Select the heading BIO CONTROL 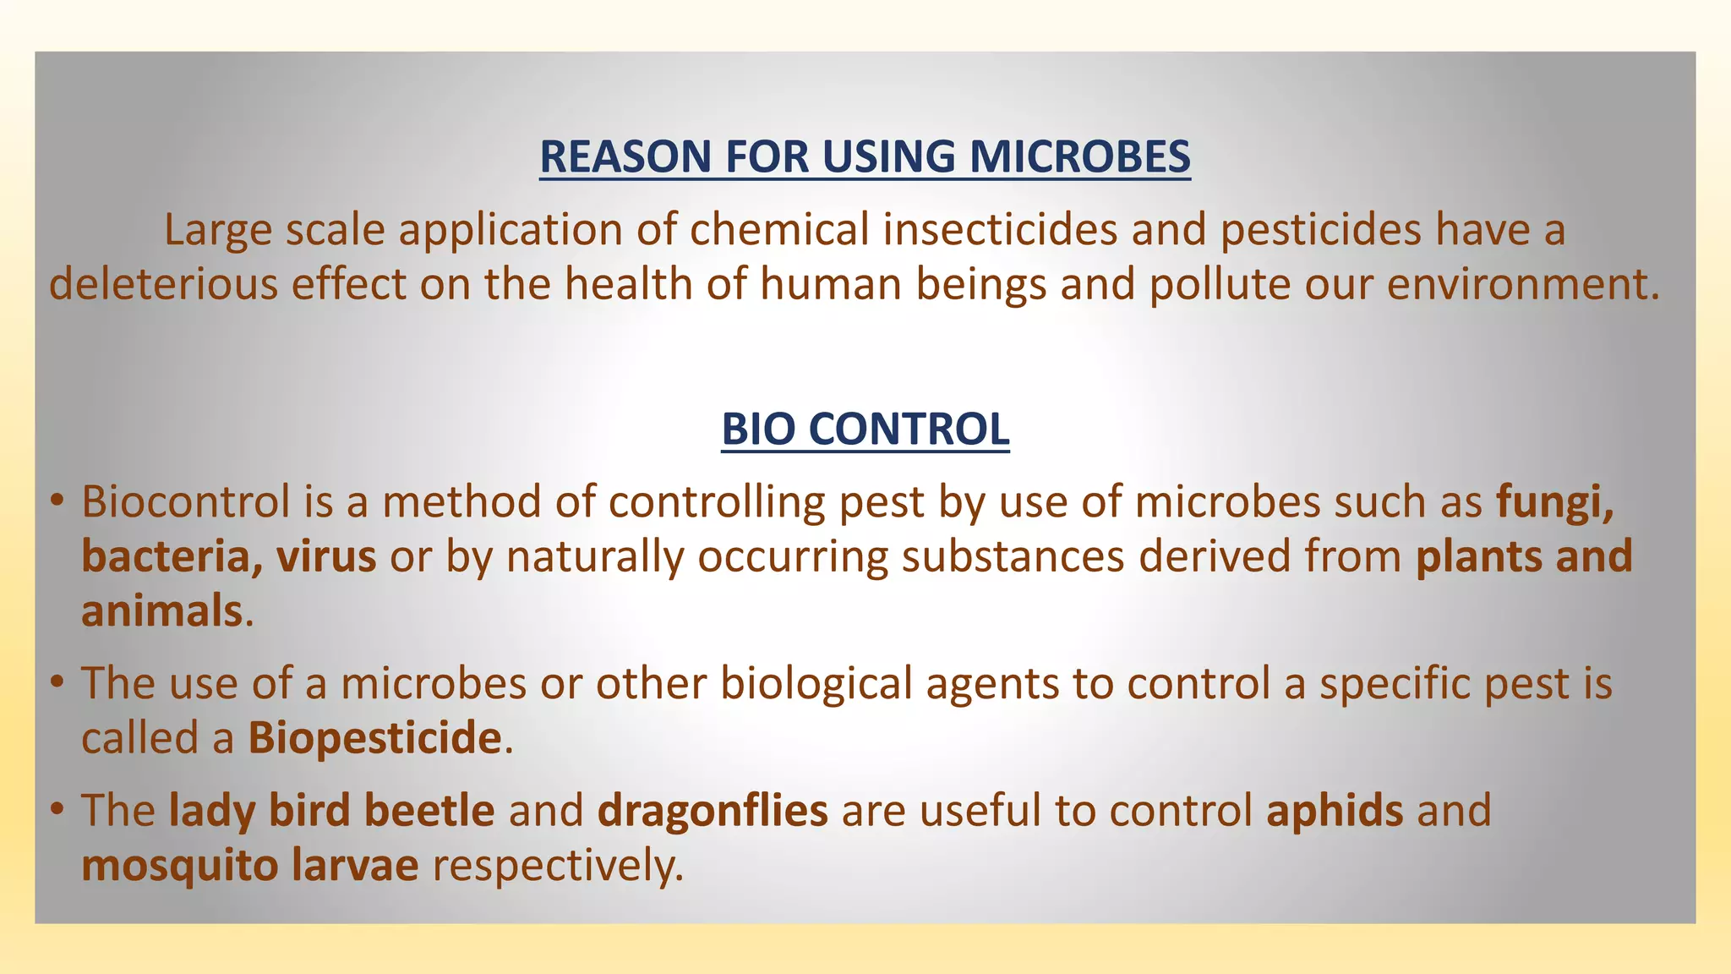coord(865,429)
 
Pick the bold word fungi coord(1554,502)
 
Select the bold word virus coord(326,557)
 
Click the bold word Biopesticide coord(375,737)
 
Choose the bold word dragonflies coord(713,810)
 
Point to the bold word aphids coord(1335,810)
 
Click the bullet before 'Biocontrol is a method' coord(57,501)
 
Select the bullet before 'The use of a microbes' coord(57,681)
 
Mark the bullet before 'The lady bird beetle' coord(57,809)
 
